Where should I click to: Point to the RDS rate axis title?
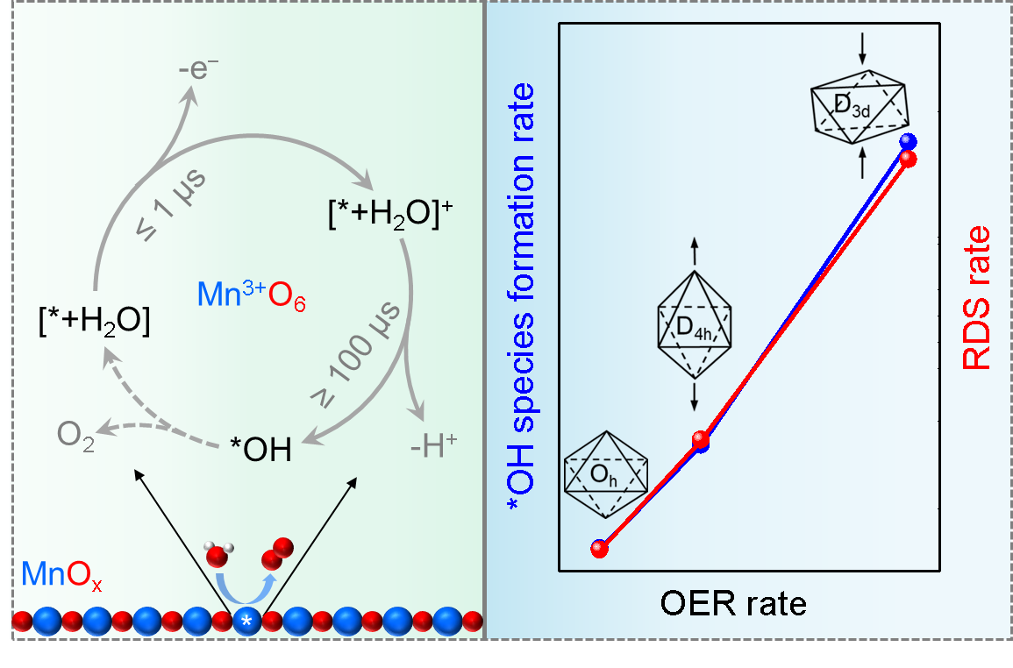(x=977, y=298)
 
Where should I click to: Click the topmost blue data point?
(x=909, y=141)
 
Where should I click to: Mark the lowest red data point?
(x=600, y=549)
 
